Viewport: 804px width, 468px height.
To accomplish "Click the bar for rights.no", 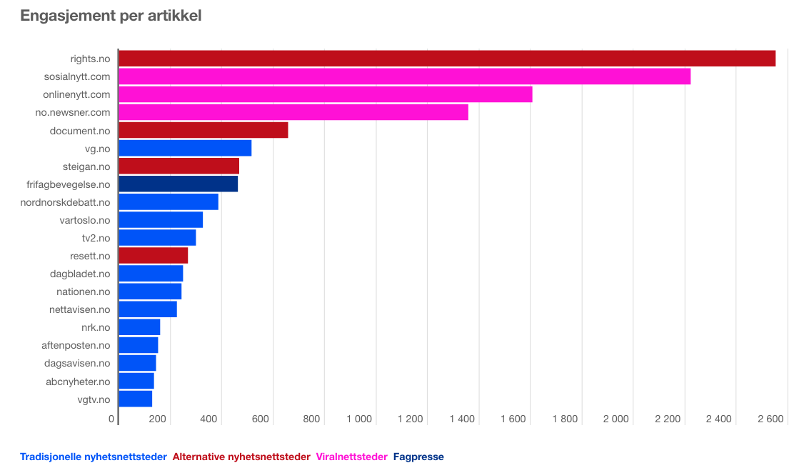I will click(446, 59).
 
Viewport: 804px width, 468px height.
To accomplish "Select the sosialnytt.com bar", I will click(404, 76).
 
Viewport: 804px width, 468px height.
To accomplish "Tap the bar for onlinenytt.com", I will click(325, 94).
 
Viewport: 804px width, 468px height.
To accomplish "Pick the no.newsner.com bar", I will click(293, 112).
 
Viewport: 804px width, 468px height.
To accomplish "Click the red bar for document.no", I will click(203, 130).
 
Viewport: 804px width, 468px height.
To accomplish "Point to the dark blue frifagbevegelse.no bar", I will click(178, 184).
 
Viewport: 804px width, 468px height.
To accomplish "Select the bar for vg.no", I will click(185, 148).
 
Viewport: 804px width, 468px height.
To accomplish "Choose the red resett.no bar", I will click(153, 256).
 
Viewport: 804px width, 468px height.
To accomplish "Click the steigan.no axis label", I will click(86, 166).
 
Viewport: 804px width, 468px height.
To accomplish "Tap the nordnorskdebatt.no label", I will click(66, 202).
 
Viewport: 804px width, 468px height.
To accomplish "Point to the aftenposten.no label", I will click(76, 345).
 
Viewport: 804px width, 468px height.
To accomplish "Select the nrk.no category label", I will click(96, 327).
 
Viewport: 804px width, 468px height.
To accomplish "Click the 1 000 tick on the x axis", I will click(358, 419).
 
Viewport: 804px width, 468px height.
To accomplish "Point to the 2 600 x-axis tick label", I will click(770, 419).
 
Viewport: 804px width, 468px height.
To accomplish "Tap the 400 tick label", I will click(208, 419).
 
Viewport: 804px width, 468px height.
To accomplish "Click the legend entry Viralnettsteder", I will click(352, 457).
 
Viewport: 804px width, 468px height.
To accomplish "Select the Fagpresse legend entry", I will click(418, 457).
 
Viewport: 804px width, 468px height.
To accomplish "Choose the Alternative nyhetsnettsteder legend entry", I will click(241, 457).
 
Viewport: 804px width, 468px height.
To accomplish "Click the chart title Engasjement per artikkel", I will click(111, 15).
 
